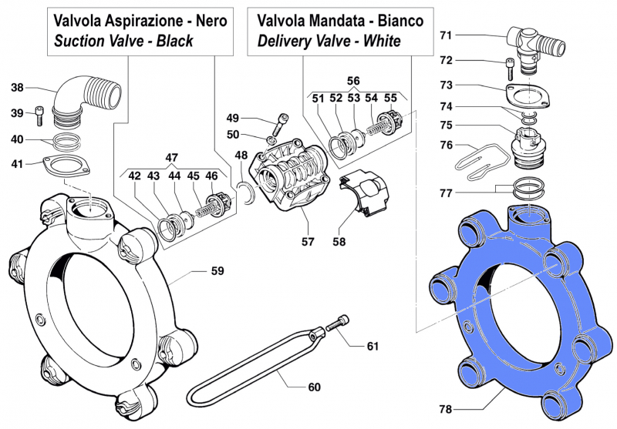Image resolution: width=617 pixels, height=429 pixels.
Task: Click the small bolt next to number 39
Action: pos(40,115)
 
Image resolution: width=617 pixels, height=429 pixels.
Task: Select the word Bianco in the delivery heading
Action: pos(396,21)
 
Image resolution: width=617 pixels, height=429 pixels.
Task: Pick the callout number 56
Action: pos(352,80)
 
